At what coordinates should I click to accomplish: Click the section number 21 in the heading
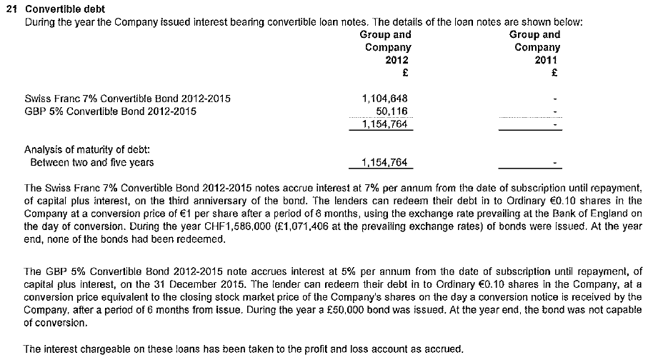(x=10, y=9)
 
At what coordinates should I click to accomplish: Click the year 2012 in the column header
(x=397, y=60)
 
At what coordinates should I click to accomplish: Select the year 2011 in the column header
(x=546, y=60)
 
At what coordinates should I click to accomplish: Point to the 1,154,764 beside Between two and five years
(x=385, y=162)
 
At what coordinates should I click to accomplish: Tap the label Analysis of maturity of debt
(x=86, y=150)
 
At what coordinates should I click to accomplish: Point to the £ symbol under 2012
(x=404, y=72)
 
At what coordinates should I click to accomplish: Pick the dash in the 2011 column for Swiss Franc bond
(x=554, y=99)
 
